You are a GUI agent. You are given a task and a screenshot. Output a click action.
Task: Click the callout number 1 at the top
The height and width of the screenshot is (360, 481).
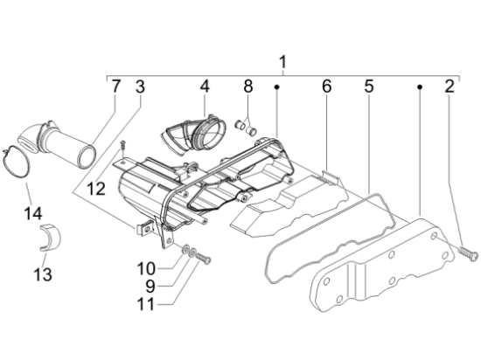coord(282,62)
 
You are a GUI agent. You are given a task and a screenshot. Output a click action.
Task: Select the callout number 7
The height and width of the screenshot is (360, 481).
coord(115,87)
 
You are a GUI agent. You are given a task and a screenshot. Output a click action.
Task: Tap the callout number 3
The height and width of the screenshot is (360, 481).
coord(140,87)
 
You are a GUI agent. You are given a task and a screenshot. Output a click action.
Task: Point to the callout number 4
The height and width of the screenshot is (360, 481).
coord(205,87)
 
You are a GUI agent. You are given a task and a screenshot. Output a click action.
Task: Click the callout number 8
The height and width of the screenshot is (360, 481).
coord(248,87)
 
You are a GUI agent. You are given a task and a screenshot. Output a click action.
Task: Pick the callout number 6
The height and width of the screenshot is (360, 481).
coord(327,87)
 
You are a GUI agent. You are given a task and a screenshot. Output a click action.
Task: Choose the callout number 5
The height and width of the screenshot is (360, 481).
coord(369,87)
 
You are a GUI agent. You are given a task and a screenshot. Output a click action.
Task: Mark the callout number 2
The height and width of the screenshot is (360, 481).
coord(450,87)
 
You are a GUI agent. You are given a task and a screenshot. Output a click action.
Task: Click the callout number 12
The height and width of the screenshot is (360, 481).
coord(96,189)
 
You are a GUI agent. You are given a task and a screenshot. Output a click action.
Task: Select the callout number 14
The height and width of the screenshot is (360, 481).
coord(33,213)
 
